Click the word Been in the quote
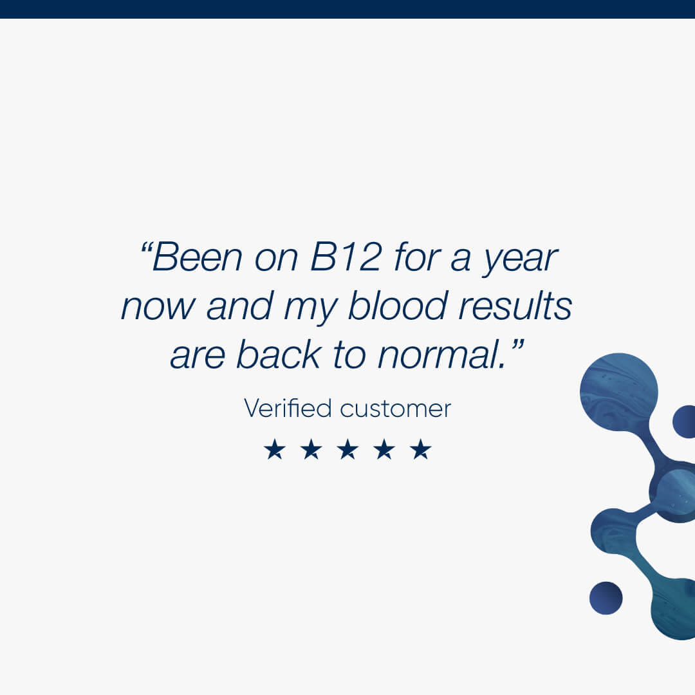pos(198,257)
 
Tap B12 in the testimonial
pos(346,257)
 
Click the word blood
pos(398,306)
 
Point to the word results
pos(515,306)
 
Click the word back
pos(279,354)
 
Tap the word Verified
pos(288,408)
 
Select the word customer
pos(395,409)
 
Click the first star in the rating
pos(274,449)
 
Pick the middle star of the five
pos(347,449)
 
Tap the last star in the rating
pos(421,449)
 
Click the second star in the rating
pos(311,449)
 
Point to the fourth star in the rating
pos(384,449)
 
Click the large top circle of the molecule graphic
pos(619,392)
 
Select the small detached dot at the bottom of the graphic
pos(606,598)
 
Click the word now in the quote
pos(158,307)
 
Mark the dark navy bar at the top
pos(347,9)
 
